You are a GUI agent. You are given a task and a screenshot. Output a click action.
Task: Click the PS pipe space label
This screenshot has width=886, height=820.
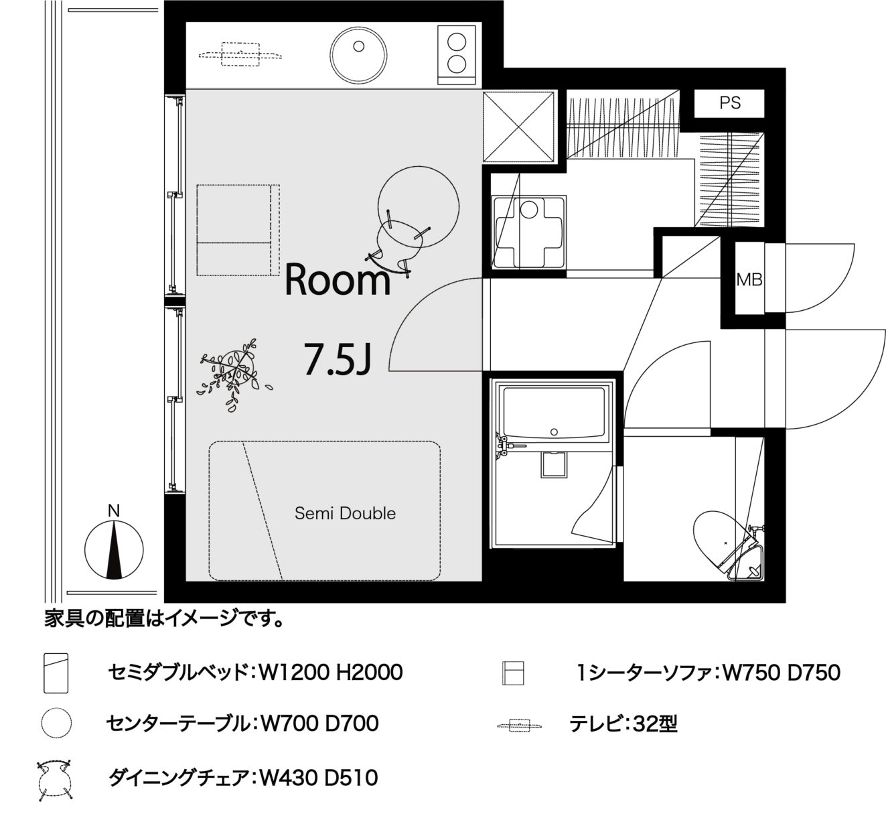tap(730, 103)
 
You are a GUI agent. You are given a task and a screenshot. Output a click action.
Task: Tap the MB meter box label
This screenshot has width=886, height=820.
tap(749, 280)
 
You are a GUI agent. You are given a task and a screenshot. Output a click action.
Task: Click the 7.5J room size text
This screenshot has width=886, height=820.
tap(338, 359)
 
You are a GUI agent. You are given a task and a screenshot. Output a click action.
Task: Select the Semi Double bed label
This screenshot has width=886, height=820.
tap(345, 513)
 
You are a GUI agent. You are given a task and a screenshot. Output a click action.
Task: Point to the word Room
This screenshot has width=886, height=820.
tap(338, 279)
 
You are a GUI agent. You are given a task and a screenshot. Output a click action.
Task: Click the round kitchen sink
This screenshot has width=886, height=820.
tap(358, 56)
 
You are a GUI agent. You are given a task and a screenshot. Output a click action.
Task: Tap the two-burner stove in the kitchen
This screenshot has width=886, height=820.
tap(456, 55)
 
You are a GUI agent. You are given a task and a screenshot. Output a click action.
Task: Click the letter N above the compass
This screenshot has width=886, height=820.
tap(114, 510)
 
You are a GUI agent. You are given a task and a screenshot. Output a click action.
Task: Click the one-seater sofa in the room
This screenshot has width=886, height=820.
tap(238, 230)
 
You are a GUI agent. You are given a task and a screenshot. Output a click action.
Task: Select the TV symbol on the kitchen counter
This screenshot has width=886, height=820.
tap(240, 54)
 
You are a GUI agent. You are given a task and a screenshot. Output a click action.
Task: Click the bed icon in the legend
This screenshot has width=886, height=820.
tap(56, 673)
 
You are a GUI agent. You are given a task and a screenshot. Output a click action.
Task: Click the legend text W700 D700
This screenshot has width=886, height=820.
tap(319, 724)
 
